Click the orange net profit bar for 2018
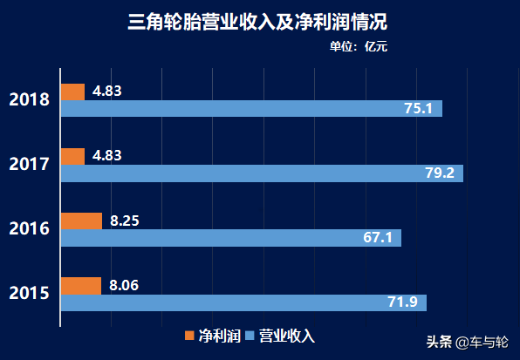(x=72, y=92)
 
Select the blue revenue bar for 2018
(x=251, y=109)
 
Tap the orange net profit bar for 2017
(x=72, y=156)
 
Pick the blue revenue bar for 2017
(x=261, y=173)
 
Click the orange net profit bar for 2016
(x=81, y=221)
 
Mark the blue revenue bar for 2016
(x=230, y=238)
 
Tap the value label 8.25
(x=125, y=221)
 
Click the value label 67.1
(x=378, y=238)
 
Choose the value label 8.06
(x=125, y=285)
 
